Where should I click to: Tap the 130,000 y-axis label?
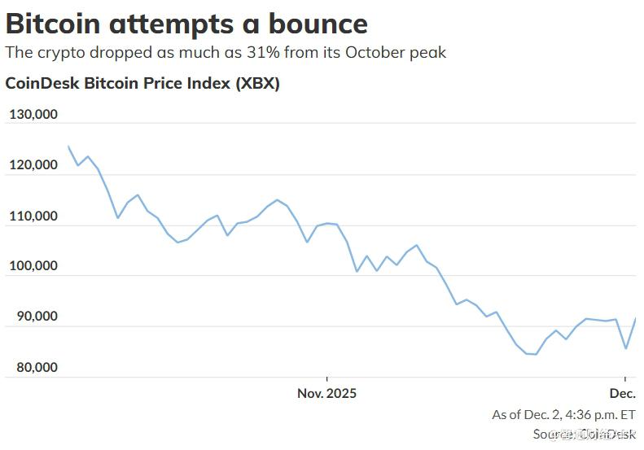point(33,115)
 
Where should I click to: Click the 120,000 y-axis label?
point(33,165)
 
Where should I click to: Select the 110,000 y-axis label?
point(33,216)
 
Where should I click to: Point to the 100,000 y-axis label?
point(33,266)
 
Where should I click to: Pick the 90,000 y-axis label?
point(36,317)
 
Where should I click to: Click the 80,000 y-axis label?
point(36,367)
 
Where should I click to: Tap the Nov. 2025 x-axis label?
point(326,393)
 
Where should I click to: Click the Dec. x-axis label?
point(623,393)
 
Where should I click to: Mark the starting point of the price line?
point(68,146)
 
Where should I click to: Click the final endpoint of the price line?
point(635,319)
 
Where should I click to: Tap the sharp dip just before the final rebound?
point(625,348)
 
